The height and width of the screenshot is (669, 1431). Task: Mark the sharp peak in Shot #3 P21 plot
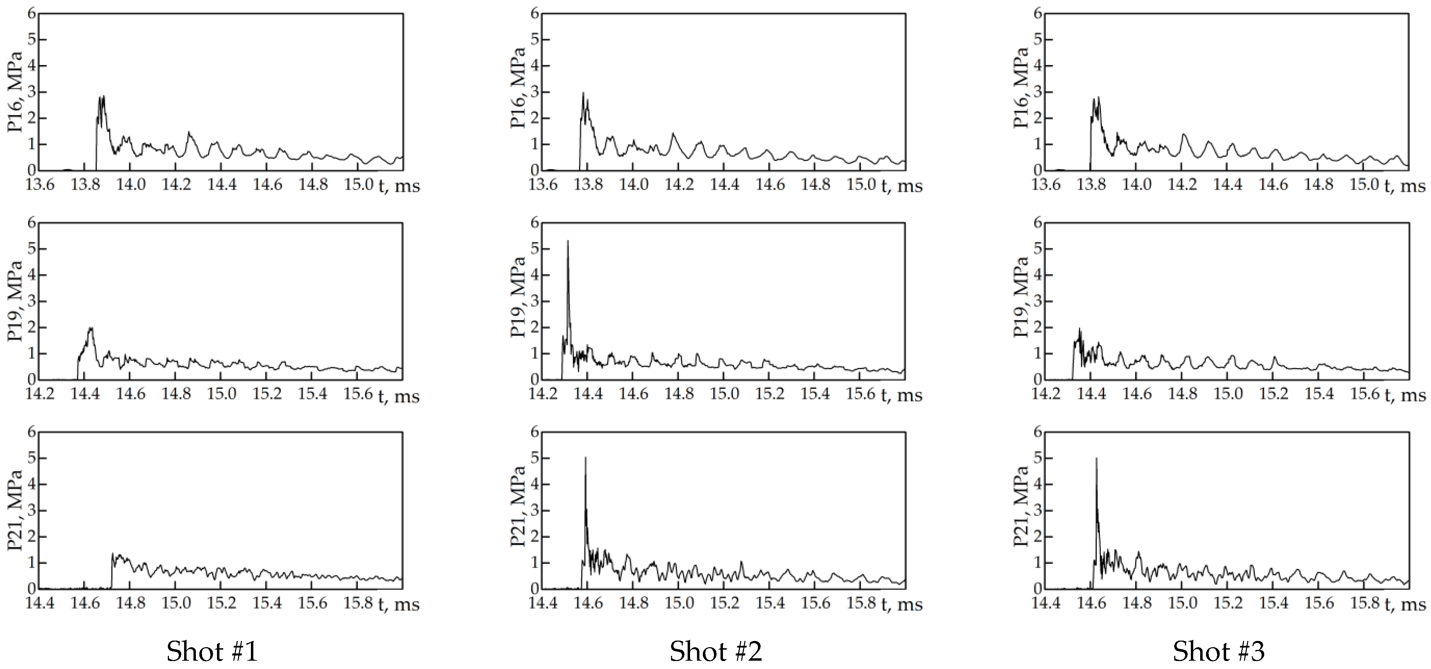pos(1096,459)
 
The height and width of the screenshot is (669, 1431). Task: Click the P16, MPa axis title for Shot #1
pos(15,92)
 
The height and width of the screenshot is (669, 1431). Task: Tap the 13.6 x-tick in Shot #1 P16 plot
pos(40,185)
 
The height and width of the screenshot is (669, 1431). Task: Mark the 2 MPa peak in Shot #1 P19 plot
pos(91,328)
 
